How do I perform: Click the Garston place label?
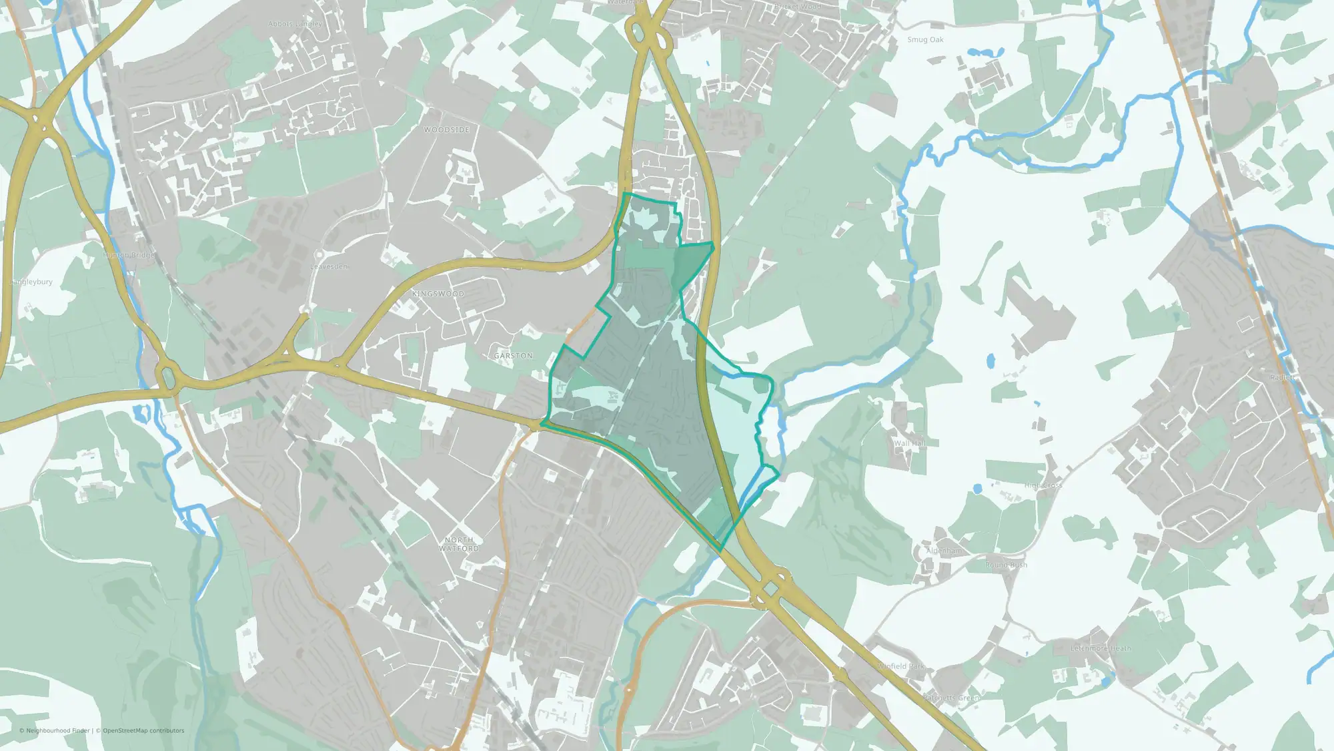pyautogui.click(x=514, y=356)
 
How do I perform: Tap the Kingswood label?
pyautogui.click(x=438, y=294)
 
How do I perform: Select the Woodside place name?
pyautogui.click(x=447, y=130)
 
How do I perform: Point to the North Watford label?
pyautogui.click(x=459, y=544)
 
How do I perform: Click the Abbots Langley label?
pyautogui.click(x=295, y=24)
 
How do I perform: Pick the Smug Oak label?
pyautogui.click(x=925, y=40)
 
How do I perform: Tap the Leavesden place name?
pyautogui.click(x=329, y=267)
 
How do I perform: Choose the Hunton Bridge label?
pyautogui.click(x=128, y=256)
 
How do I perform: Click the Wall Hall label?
pyautogui.click(x=909, y=443)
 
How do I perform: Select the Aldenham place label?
pyautogui.click(x=944, y=551)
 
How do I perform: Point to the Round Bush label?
pyautogui.click(x=1007, y=565)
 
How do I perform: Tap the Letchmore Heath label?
pyautogui.click(x=1101, y=648)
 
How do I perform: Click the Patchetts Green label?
pyautogui.click(x=951, y=698)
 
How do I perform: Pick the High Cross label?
pyautogui.click(x=1043, y=486)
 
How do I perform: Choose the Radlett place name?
pyautogui.click(x=1282, y=378)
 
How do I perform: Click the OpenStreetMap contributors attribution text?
pyautogui.click(x=143, y=731)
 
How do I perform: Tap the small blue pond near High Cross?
pyautogui.click(x=977, y=489)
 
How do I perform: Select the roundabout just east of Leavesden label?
pyautogui.click(x=319, y=255)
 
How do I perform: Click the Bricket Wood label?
pyautogui.click(x=798, y=7)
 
